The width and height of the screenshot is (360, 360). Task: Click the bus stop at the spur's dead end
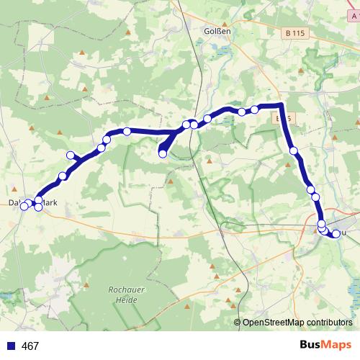[x=163, y=153]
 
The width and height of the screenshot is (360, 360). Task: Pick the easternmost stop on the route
[x=336, y=233]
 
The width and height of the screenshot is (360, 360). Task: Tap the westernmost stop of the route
[x=24, y=207]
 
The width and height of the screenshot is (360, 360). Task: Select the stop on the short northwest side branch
[x=71, y=156]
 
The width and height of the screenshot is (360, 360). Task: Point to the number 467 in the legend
[x=30, y=346]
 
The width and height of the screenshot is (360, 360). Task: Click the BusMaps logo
[x=325, y=346]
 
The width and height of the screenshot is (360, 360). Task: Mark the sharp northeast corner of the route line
[x=282, y=106]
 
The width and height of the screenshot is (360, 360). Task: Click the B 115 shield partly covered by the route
[x=282, y=117]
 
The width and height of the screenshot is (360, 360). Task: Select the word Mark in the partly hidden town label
[x=49, y=203]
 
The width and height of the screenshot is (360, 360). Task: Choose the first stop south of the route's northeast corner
[x=294, y=150]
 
